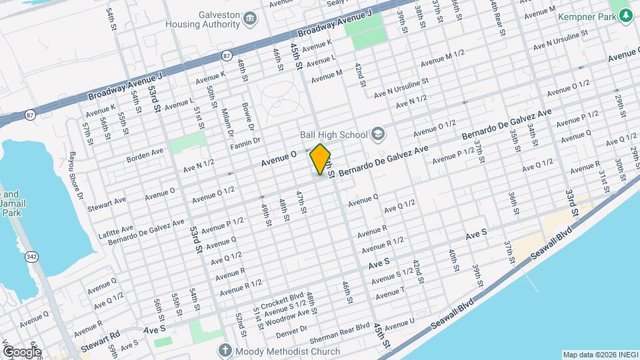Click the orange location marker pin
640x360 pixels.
[321, 159]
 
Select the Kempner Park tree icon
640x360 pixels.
[625, 15]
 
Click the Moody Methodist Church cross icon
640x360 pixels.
[225, 350]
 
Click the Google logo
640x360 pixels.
[21, 351]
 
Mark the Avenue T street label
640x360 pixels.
[391, 292]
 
